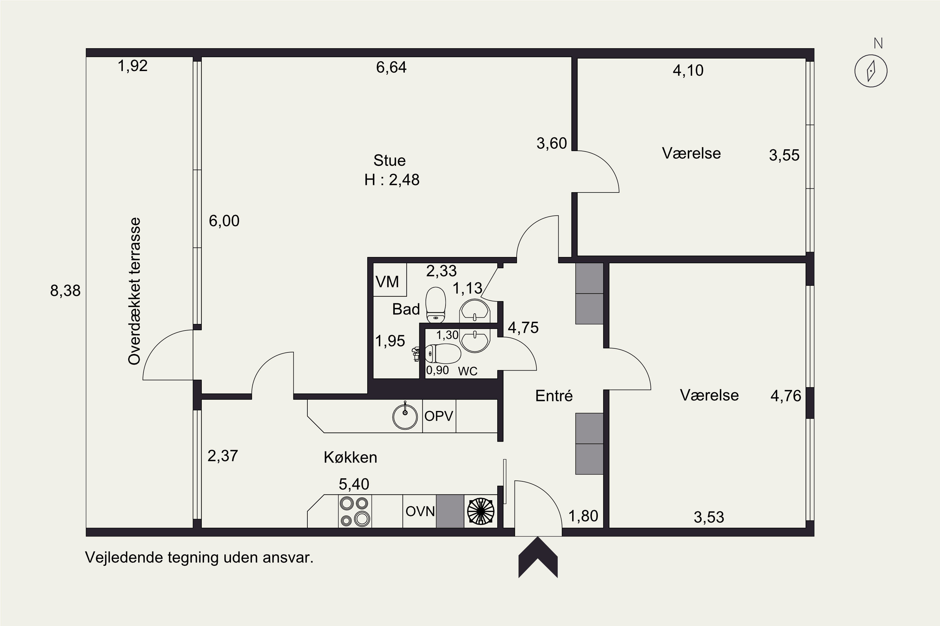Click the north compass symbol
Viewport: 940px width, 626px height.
click(871, 71)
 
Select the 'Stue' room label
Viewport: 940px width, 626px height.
click(390, 161)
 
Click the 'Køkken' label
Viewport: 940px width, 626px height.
click(351, 457)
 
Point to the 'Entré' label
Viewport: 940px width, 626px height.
click(554, 396)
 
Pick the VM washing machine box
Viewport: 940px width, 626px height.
click(390, 280)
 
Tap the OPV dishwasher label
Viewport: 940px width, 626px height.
click(439, 416)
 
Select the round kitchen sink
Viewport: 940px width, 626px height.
click(405, 416)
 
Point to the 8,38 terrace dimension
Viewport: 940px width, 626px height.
click(65, 291)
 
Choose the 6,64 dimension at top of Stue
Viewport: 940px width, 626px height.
click(391, 67)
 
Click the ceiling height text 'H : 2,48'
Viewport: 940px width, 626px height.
click(392, 180)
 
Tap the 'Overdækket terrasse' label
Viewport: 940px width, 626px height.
click(134, 291)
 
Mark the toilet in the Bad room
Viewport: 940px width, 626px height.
click(435, 305)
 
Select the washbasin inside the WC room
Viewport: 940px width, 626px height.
click(475, 341)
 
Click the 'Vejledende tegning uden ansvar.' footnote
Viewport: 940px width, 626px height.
click(199, 558)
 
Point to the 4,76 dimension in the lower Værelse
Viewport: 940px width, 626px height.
click(786, 396)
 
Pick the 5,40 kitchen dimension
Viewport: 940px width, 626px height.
click(354, 484)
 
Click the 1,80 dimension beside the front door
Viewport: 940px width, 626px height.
click(583, 516)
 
